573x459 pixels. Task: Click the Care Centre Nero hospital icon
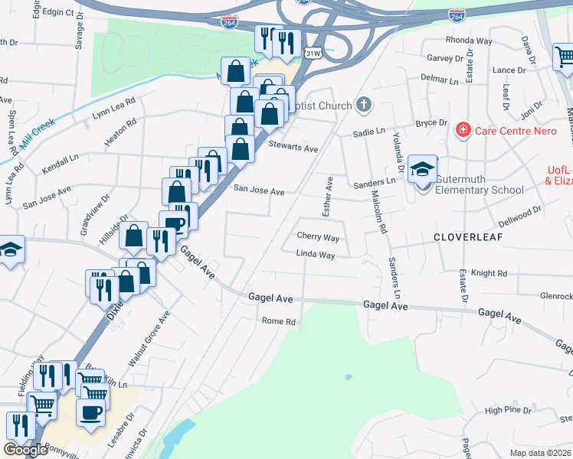[463, 130]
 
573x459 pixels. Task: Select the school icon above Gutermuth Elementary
[422, 170]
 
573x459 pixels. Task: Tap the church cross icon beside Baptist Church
[364, 105]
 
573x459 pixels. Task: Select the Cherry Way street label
[318, 237]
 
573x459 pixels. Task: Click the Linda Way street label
[316, 254]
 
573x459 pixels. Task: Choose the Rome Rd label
[279, 322]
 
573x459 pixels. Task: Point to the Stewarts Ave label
[293, 147]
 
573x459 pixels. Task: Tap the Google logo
[25, 449]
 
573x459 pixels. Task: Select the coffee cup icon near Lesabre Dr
[91, 412]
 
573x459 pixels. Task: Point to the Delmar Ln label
[439, 80]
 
